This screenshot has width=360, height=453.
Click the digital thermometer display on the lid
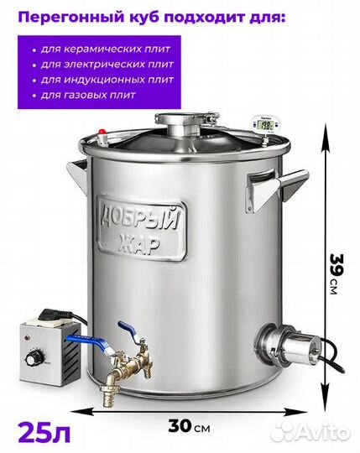point(265,124)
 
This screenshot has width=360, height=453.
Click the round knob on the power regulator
point(31,360)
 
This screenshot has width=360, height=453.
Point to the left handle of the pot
point(77,172)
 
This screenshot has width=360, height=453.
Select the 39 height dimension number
point(336,265)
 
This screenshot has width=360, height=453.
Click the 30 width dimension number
point(180,425)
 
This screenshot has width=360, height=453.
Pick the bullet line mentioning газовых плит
point(84,95)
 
